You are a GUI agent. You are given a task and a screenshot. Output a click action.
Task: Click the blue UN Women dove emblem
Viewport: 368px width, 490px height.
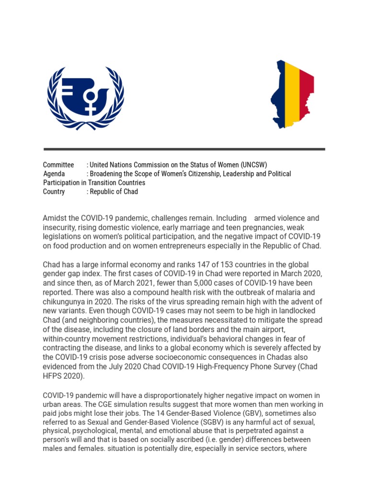click(85, 98)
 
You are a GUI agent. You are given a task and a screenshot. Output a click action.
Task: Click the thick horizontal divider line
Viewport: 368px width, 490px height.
click(184, 149)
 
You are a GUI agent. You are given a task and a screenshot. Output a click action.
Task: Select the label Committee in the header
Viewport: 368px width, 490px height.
click(58, 165)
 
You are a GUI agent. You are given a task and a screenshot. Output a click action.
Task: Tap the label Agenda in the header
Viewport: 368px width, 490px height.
click(54, 174)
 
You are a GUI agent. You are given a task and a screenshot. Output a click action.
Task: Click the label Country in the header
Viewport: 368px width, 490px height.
click(54, 191)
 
